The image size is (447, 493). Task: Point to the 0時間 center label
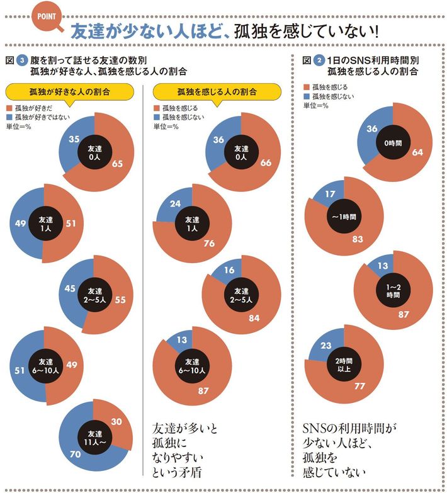(x=392, y=143)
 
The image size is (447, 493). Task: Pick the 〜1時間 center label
(x=344, y=217)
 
